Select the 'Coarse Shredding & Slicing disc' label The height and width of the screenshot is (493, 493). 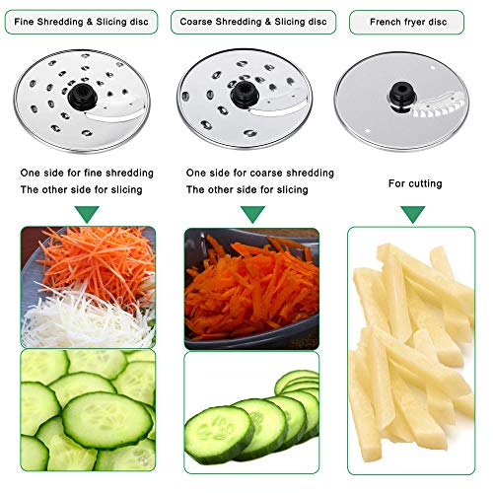(x=250, y=21)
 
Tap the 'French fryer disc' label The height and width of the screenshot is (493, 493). (x=413, y=21)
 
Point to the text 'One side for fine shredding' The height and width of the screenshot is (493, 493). (x=88, y=172)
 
